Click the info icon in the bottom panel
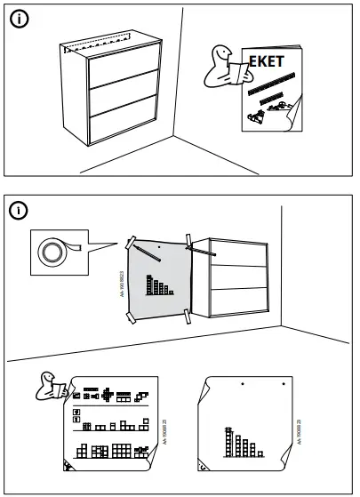click(x=20, y=210)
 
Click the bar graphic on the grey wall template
click(x=160, y=287)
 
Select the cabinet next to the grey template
click(x=234, y=281)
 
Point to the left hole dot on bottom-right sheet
click(x=242, y=384)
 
